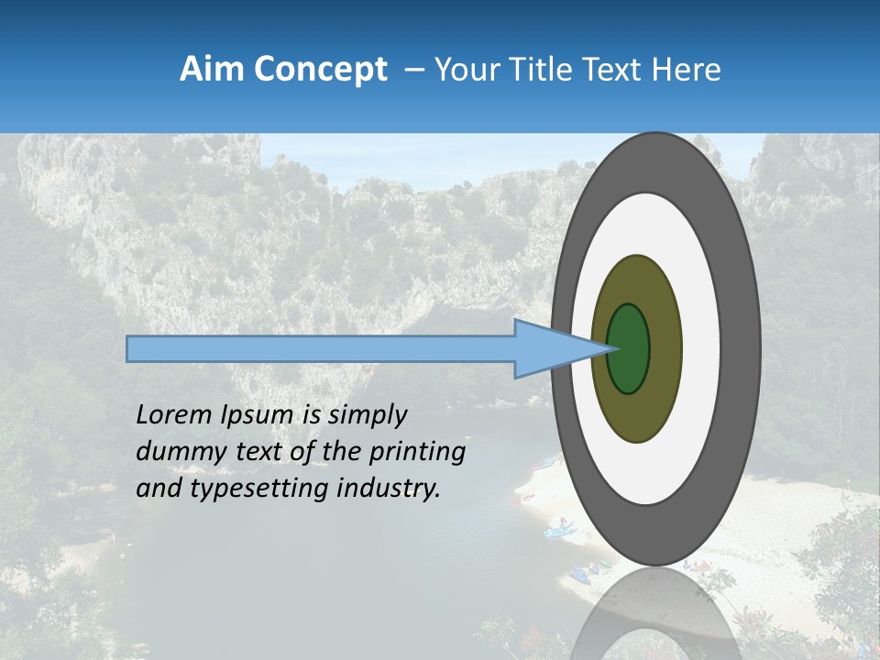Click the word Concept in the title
(x=320, y=70)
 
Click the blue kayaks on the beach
(x=558, y=529)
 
